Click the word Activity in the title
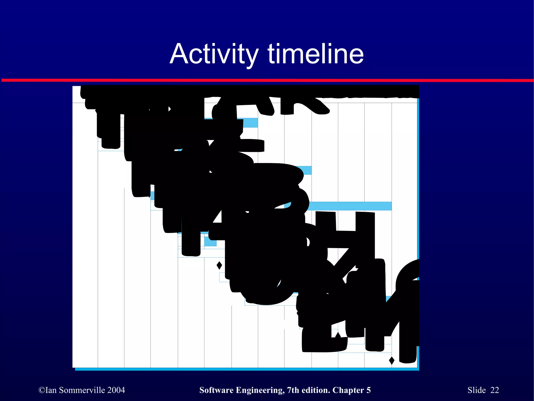(214, 54)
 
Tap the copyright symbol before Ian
(42, 390)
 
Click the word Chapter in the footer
(348, 390)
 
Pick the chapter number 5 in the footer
(368, 390)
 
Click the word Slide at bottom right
(476, 390)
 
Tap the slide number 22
(495, 390)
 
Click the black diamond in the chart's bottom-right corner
(392, 361)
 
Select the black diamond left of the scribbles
(219, 266)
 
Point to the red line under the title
(267, 80)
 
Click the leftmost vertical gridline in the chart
(98, 261)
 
